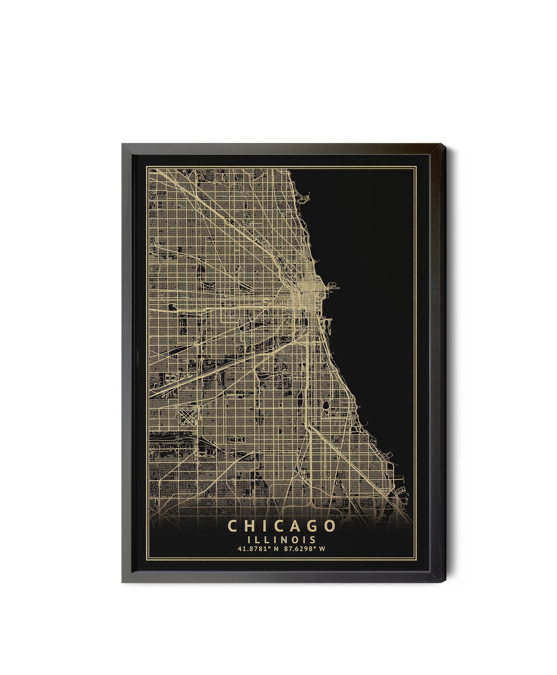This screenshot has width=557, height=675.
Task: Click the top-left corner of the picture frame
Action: pos(122,143)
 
